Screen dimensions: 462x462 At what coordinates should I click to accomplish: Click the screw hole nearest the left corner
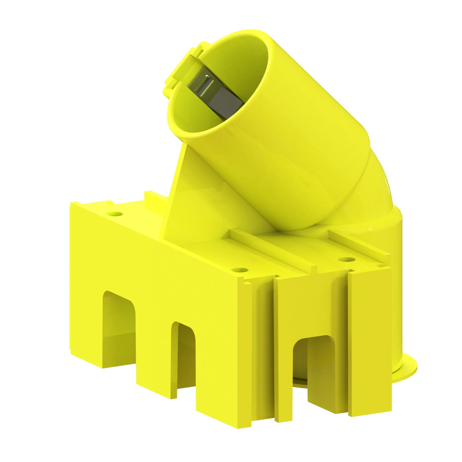coord(115,213)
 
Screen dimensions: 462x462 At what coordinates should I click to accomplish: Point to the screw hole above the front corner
coord(240,270)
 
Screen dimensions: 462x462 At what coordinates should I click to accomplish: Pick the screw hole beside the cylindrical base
coord(346,260)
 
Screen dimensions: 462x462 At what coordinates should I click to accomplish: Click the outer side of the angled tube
coord(307,149)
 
